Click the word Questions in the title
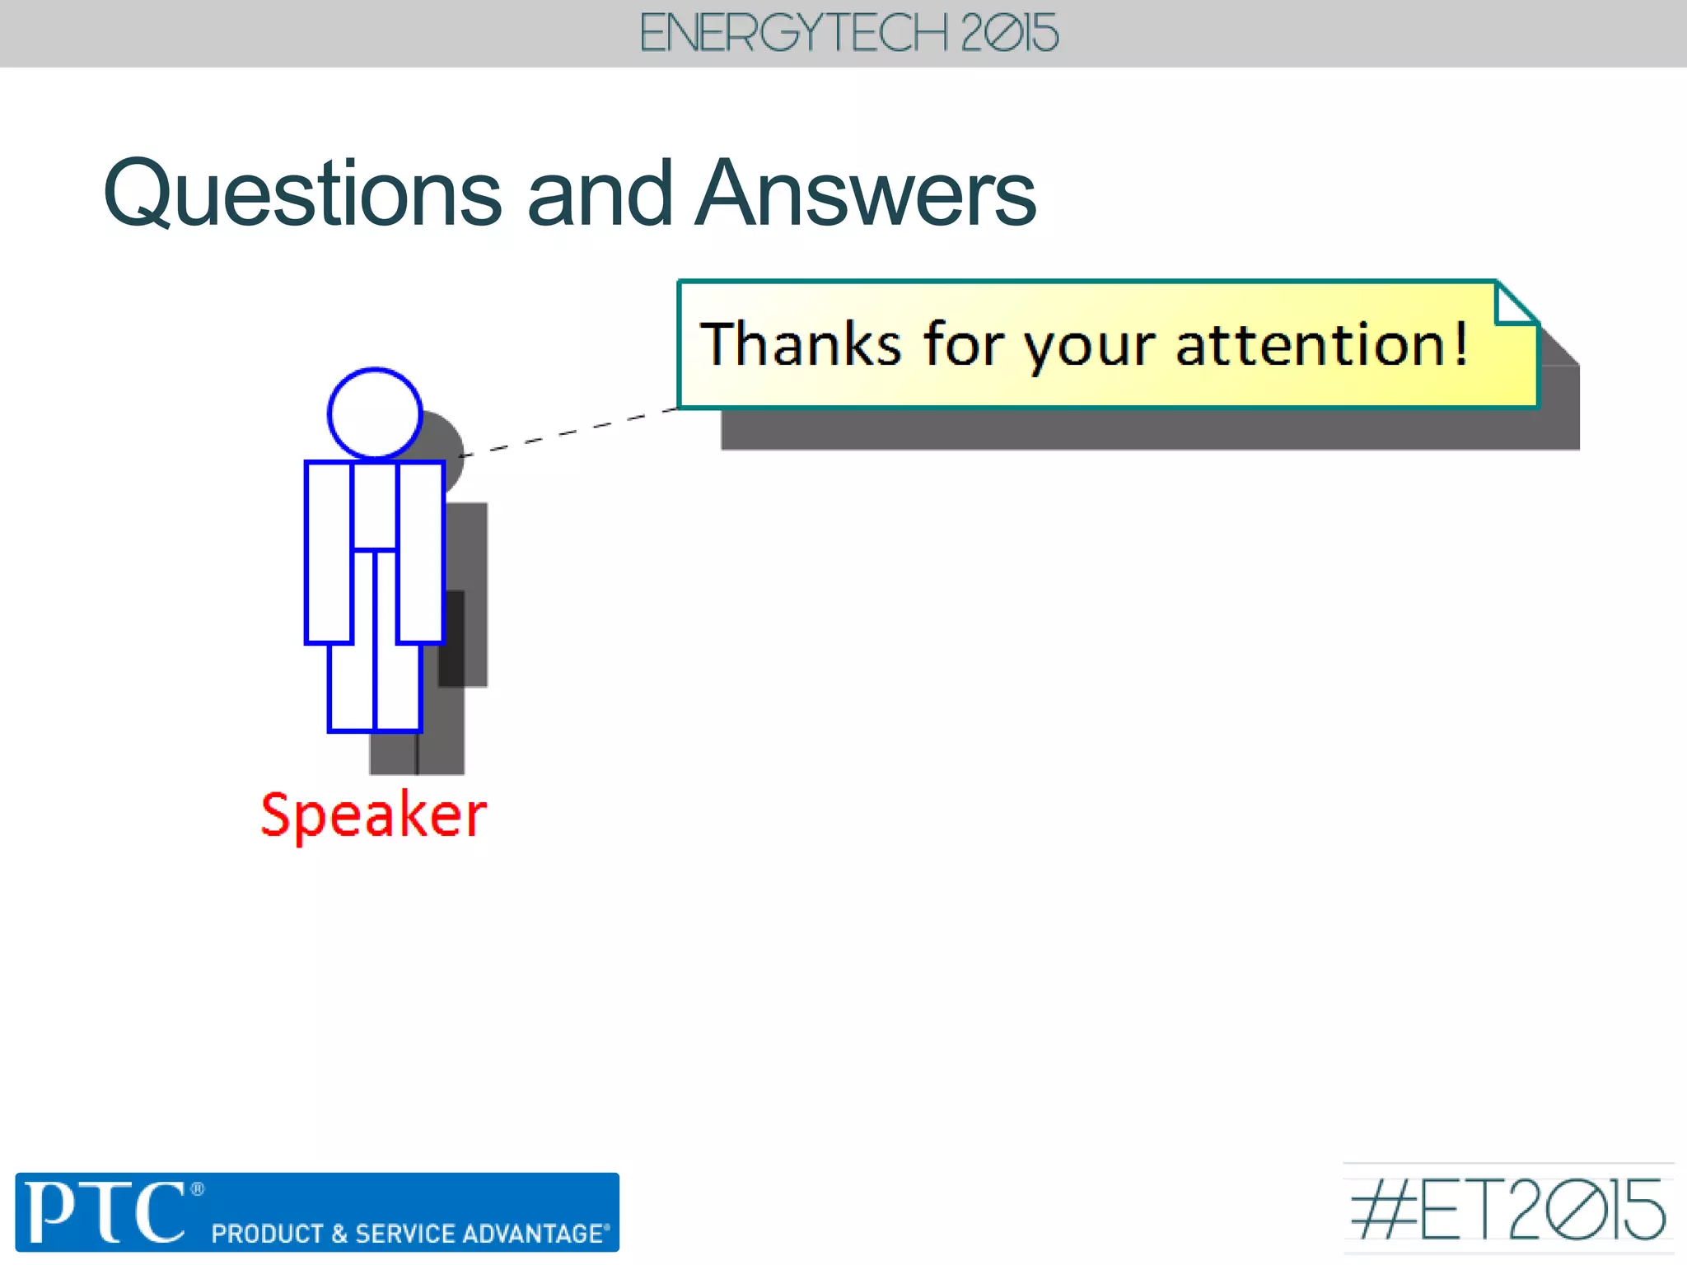point(302,194)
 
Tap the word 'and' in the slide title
point(599,194)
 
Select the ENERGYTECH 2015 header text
point(848,34)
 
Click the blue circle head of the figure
point(375,413)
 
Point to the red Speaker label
point(373,815)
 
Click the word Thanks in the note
point(800,343)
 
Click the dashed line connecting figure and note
point(568,431)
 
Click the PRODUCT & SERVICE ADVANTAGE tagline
point(409,1234)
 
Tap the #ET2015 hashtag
point(1507,1209)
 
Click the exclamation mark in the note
point(1460,343)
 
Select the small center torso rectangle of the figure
point(375,505)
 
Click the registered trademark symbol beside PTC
point(197,1188)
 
